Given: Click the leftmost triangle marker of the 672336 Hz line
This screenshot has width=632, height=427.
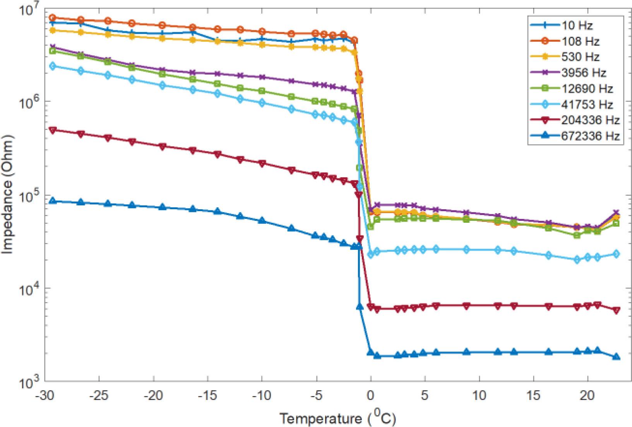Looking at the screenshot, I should click(x=53, y=201).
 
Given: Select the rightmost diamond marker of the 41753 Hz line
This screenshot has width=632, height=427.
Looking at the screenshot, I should click(x=617, y=254).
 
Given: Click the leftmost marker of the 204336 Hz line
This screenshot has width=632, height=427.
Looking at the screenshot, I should click(x=53, y=130).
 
